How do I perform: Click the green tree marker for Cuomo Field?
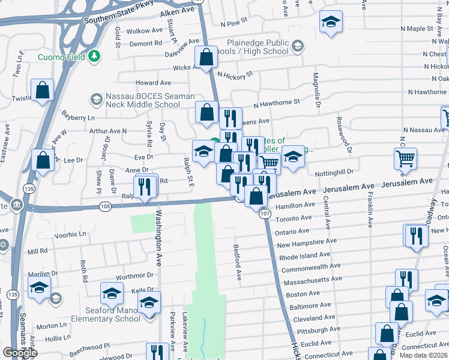pyautogui.click(x=93, y=56)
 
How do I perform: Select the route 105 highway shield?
pyautogui.click(x=106, y=206)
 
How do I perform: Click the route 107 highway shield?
pyautogui.click(x=264, y=213)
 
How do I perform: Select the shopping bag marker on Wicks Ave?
pyautogui.click(x=206, y=58)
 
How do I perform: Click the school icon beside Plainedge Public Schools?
pyautogui.click(x=297, y=46)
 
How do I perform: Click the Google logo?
pyautogui.click(x=20, y=353)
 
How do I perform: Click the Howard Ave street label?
pyautogui.click(x=153, y=83)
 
